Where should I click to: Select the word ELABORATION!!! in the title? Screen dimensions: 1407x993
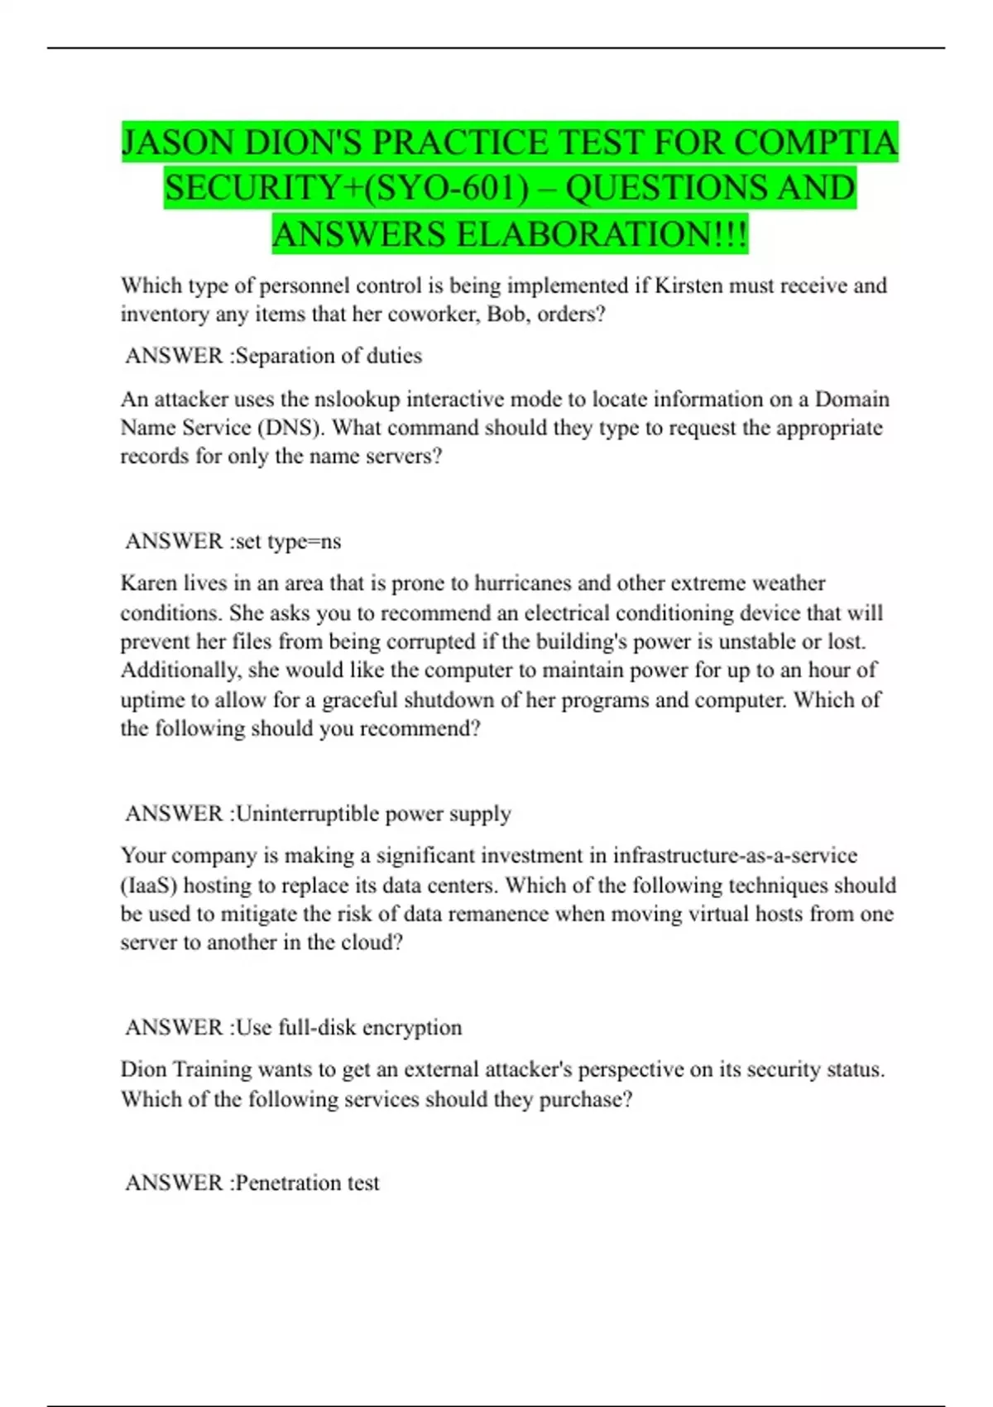(x=602, y=235)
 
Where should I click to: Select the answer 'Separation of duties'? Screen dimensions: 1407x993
(x=329, y=356)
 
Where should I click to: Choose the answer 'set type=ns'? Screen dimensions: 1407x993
(x=288, y=541)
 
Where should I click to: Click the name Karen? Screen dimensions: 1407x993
(x=149, y=583)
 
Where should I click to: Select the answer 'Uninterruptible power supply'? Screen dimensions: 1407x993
(x=373, y=814)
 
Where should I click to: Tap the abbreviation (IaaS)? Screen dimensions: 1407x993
(x=149, y=886)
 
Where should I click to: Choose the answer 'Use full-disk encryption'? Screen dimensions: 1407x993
(x=348, y=1028)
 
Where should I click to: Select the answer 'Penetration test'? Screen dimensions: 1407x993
(x=307, y=1183)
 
